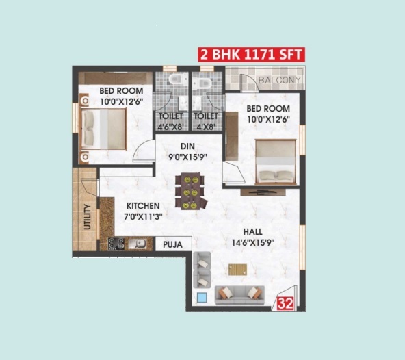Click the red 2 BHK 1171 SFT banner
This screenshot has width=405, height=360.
point(252,55)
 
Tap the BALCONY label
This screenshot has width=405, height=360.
point(280,80)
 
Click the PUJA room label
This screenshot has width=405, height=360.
point(173,244)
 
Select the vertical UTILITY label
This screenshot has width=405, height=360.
point(88,217)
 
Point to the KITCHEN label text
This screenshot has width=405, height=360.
point(143,206)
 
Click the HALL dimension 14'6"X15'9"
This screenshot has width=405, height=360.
point(253,243)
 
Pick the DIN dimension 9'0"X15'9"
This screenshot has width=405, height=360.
point(187,157)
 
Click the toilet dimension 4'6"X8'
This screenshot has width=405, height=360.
point(171,127)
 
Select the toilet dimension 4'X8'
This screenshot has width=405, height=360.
point(206,127)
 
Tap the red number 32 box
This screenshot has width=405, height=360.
point(285,303)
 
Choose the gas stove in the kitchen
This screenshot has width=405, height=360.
point(116,244)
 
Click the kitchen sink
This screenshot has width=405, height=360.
point(138,244)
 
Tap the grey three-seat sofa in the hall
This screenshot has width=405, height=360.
point(240,294)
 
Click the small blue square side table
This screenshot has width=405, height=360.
point(202,298)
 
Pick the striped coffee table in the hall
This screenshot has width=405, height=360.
point(237,270)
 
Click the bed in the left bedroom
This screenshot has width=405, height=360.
point(103,129)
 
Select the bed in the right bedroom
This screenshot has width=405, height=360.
point(276,162)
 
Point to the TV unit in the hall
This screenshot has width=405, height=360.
point(263,192)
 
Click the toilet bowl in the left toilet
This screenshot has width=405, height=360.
point(179,78)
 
